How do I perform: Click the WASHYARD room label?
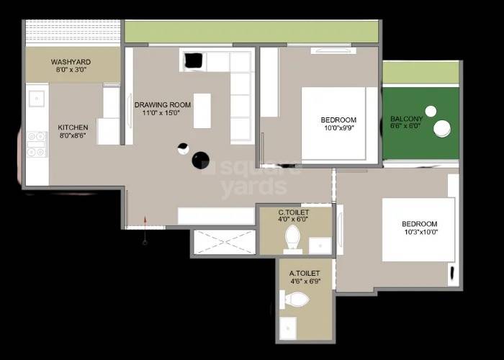point(70,62)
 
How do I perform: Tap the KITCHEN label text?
point(73,127)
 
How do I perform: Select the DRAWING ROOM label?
point(163,105)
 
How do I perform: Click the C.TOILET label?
point(294,213)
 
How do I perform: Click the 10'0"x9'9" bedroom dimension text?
point(338,128)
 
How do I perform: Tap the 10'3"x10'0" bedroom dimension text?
point(420,232)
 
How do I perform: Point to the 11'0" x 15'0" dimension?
point(162,114)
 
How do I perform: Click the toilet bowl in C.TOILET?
point(293,237)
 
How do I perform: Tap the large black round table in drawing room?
point(201,160)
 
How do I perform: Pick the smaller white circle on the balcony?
point(431,111)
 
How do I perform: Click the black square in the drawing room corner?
point(193,61)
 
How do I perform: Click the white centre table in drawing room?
point(202,110)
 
